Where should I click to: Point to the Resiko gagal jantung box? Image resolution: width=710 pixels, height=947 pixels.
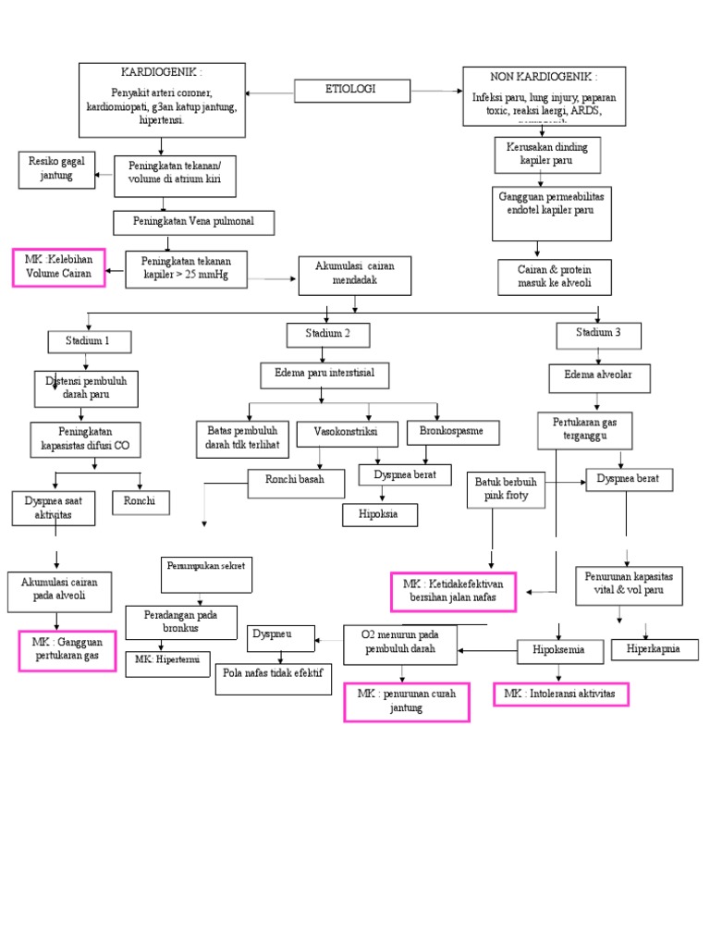[x=56, y=169]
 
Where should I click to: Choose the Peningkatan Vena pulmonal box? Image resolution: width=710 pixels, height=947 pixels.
[x=194, y=223]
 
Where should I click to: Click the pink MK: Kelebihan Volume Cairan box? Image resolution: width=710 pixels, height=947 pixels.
[x=58, y=267]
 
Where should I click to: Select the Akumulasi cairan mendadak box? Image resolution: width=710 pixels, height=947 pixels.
[x=354, y=275]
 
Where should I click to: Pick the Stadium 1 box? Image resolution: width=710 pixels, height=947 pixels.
[x=89, y=341]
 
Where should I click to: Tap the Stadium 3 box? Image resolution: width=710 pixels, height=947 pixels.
[x=598, y=334]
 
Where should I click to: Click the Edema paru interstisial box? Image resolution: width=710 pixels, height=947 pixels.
[x=324, y=375]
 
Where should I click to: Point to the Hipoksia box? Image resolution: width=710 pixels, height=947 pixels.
[x=380, y=514]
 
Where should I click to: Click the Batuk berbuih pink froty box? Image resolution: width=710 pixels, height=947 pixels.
[x=508, y=490]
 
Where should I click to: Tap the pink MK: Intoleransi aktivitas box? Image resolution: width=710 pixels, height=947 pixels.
[x=561, y=694]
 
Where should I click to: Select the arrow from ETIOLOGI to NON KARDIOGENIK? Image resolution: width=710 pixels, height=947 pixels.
[x=435, y=92]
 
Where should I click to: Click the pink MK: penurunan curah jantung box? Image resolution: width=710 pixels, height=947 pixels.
[x=407, y=702]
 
